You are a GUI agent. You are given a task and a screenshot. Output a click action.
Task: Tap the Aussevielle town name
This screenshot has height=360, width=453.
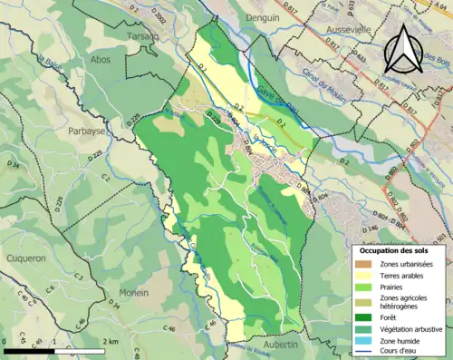tap(346, 30)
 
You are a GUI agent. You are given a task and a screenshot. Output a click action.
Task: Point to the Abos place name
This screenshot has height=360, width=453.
tap(101, 59)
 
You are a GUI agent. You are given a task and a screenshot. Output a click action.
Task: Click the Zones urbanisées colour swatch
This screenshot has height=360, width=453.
tap(364, 263)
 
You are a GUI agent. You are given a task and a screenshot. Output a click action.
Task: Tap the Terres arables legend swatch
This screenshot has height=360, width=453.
tap(364, 276)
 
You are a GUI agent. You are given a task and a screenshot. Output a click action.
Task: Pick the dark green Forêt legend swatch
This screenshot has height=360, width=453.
tap(364, 317)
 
